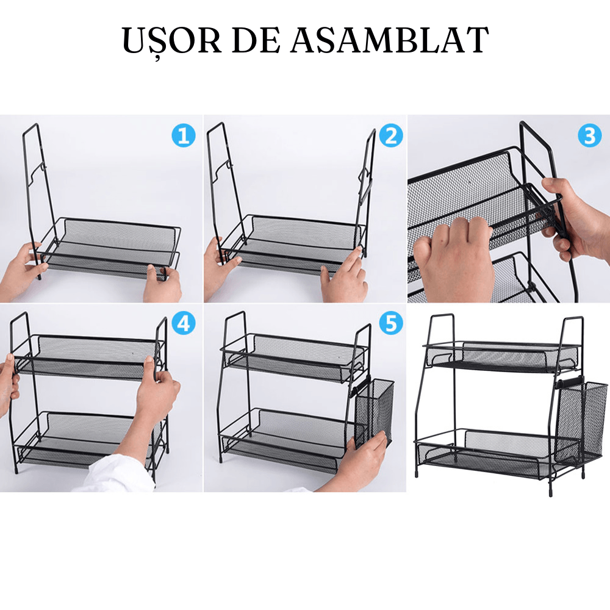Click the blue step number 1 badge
(x=183, y=135)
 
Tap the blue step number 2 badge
(x=390, y=135)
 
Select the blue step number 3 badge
(x=590, y=136)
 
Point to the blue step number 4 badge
(x=183, y=323)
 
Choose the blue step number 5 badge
(x=390, y=323)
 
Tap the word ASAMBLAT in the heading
(x=389, y=40)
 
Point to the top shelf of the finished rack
(x=502, y=357)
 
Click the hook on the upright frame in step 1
(x=38, y=171)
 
